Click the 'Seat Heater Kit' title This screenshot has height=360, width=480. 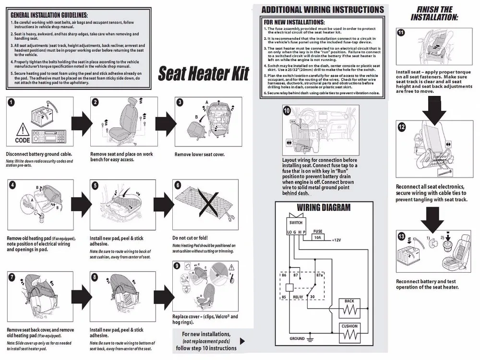click(x=204, y=74)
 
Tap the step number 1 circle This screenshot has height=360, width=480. click(x=11, y=102)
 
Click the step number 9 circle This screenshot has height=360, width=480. click(x=177, y=265)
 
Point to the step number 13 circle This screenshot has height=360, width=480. click(x=401, y=236)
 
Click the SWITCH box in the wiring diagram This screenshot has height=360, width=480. click(x=296, y=223)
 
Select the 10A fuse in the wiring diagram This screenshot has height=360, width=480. click(x=317, y=237)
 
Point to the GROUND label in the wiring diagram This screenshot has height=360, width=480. click(x=297, y=338)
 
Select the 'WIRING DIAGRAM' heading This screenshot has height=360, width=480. click(x=324, y=208)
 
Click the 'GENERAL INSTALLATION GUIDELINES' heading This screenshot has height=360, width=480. click(x=49, y=15)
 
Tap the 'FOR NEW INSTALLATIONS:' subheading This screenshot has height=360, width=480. click(x=294, y=22)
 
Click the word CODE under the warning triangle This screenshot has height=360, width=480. click(x=22, y=141)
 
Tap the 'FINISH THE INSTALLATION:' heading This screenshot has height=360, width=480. click(x=434, y=13)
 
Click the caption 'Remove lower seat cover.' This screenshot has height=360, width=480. click(x=199, y=155)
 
